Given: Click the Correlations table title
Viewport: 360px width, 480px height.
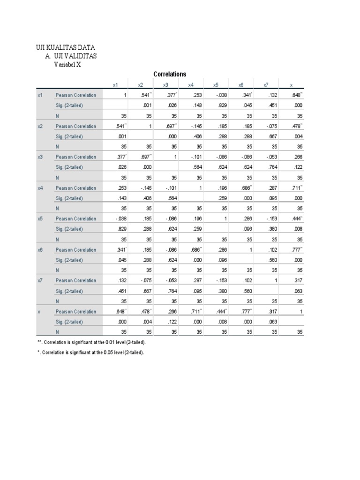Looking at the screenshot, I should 170,74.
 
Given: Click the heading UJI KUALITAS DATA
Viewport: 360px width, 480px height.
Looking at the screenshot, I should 66,48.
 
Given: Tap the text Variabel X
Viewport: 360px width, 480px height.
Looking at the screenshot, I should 67,65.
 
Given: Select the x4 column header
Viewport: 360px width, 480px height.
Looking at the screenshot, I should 191,85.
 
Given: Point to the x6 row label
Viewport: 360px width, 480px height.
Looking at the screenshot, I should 40,250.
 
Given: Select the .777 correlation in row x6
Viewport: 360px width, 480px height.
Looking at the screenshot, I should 296,250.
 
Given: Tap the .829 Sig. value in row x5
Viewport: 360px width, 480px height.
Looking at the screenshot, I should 122,229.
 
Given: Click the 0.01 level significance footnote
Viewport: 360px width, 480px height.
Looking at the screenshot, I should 89,343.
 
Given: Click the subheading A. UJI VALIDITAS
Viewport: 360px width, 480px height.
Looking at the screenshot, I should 72,56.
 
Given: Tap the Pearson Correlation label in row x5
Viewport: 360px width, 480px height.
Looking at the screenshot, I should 76,219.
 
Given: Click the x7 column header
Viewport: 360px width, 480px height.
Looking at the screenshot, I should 266,85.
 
